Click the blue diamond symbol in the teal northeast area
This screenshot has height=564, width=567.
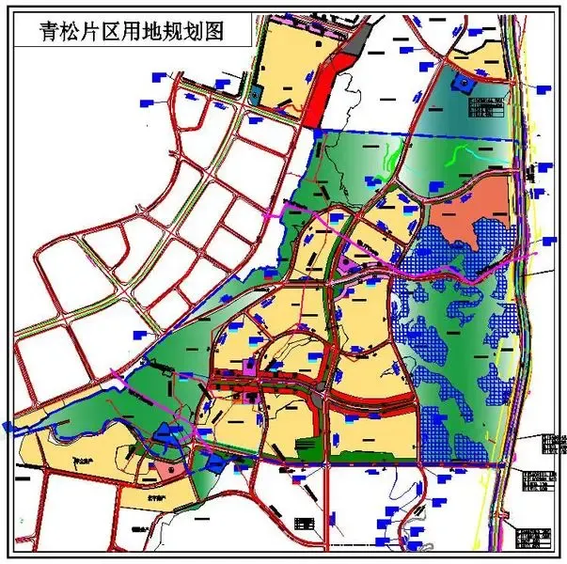pyautogui.click(x=460, y=83)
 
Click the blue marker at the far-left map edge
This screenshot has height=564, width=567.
pyautogui.click(x=8, y=426)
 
